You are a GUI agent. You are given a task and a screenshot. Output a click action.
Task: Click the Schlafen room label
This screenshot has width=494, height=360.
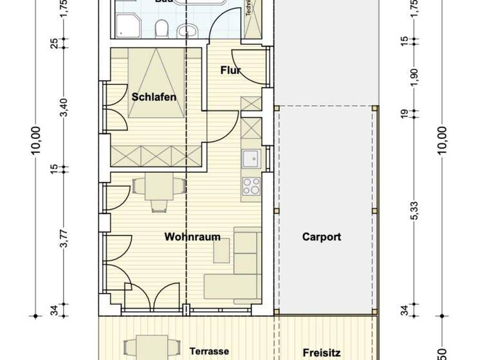[x=154, y=97]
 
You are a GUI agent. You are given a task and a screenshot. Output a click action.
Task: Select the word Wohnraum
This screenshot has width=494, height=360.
[x=192, y=237]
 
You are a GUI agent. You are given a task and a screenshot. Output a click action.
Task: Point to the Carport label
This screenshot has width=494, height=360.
[x=321, y=237]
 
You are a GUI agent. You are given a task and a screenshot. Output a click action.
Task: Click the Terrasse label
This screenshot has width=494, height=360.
[x=209, y=351]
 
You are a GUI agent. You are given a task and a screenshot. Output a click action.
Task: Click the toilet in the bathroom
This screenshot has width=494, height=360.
[x=164, y=28]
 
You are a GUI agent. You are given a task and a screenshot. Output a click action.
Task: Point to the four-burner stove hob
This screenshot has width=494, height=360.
[x=251, y=186]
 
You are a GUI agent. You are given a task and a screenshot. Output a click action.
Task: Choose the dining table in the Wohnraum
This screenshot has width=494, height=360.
[x=159, y=189]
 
